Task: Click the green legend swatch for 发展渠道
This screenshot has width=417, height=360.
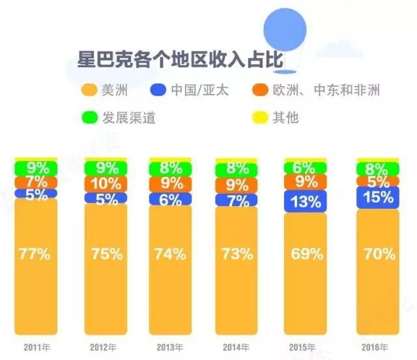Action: tap(89, 119)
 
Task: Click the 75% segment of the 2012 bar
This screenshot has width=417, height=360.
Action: tap(106, 254)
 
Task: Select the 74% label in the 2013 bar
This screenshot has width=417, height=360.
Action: tap(170, 254)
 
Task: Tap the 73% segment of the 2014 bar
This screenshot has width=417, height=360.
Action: tap(236, 254)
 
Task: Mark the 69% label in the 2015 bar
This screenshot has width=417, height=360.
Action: tap(305, 254)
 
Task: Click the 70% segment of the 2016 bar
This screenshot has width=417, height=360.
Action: tap(378, 254)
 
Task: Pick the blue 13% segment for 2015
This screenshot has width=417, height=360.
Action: tap(305, 202)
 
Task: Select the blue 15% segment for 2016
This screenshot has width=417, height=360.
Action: tap(378, 197)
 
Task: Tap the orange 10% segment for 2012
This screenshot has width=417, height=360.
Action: tap(106, 183)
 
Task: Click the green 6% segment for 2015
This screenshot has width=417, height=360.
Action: tap(305, 168)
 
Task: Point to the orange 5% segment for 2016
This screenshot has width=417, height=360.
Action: tap(378, 182)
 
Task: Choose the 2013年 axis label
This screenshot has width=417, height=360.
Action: tap(169, 346)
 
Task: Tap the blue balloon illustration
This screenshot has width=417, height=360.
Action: tap(285, 33)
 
